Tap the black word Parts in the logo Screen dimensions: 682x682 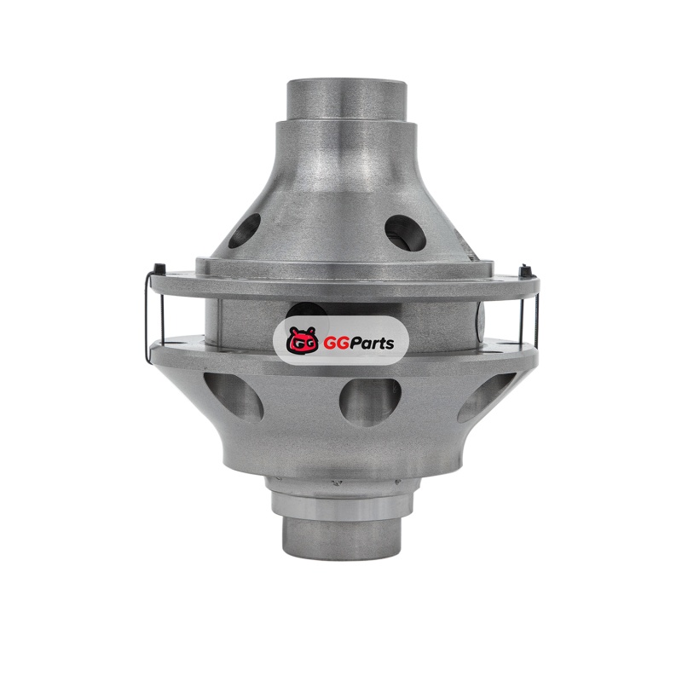[372, 344]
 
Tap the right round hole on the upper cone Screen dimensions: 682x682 [406, 232]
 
